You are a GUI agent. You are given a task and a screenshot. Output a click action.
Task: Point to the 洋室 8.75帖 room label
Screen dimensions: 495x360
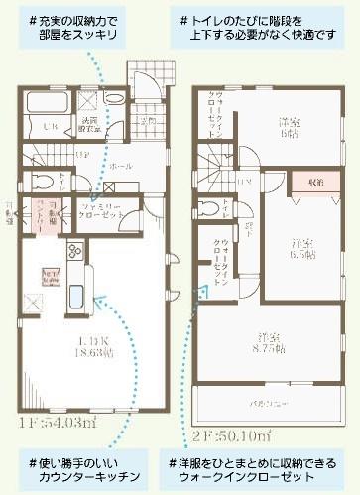267,343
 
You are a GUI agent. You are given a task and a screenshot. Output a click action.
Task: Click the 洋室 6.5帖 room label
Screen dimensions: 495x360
302,248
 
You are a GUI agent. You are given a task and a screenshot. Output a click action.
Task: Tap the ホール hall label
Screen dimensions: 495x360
122,167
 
